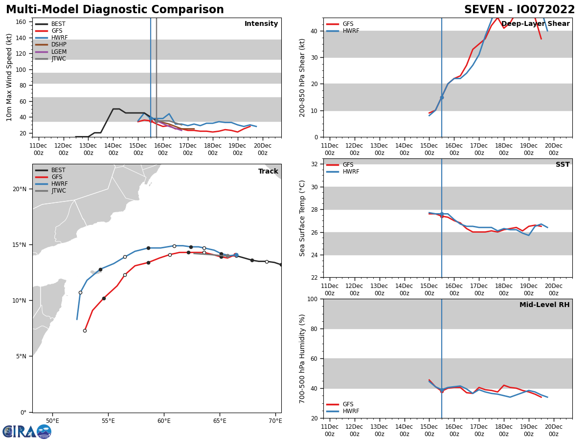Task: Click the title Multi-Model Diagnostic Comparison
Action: coord(114,10)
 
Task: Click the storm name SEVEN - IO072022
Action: coord(519,10)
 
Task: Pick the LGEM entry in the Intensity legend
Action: coord(59,52)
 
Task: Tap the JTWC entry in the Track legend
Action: coord(59,191)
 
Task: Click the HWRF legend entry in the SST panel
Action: coord(351,172)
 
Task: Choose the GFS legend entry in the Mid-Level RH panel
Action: coord(348,404)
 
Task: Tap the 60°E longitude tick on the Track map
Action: coord(164,421)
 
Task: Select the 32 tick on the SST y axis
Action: coord(316,164)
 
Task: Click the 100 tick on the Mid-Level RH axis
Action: coord(314,299)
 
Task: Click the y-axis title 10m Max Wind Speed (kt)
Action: coord(9,77)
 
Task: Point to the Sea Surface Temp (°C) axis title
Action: coord(302,218)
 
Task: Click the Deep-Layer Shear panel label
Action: coord(535,24)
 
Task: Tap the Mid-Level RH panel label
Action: coord(544,305)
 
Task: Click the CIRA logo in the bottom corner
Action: coord(26,431)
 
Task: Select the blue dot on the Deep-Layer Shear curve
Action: coord(442,97)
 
